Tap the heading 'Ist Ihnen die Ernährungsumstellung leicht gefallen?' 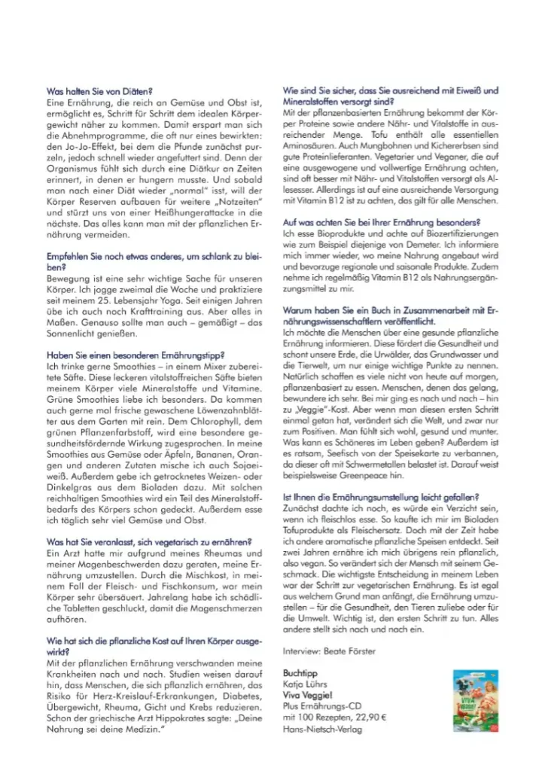click(x=381, y=497)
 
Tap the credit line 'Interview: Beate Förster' click(x=328, y=651)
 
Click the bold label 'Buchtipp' click(x=298, y=672)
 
